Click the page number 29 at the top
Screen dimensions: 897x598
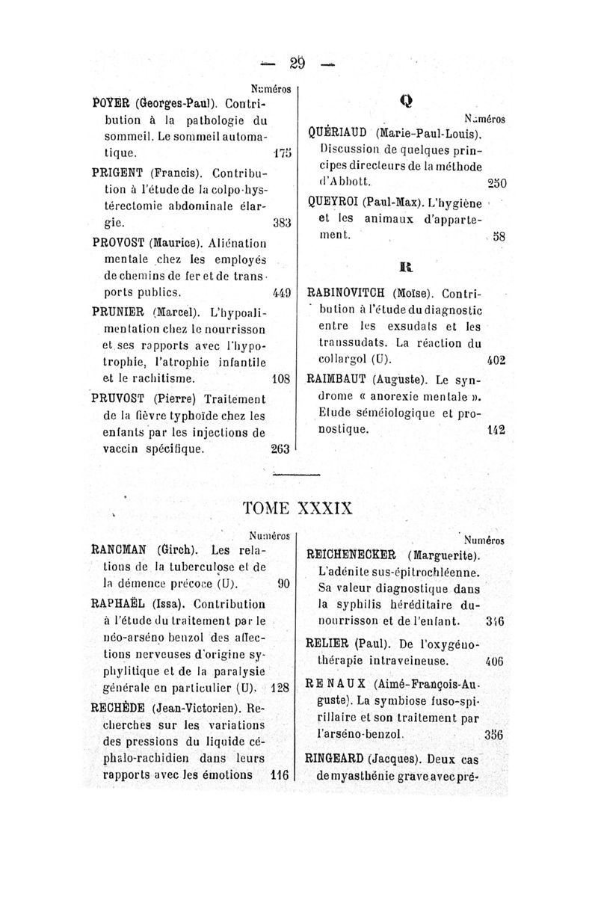pyautogui.click(x=297, y=64)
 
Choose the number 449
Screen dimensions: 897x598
pyautogui.click(x=281, y=292)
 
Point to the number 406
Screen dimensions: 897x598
pyautogui.click(x=493, y=662)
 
